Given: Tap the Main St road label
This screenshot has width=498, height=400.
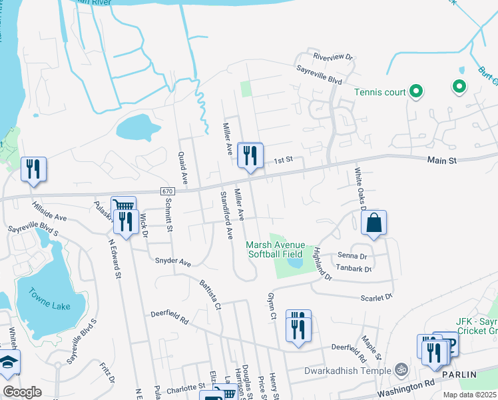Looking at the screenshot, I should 441,161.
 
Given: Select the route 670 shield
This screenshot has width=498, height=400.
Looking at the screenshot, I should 168,191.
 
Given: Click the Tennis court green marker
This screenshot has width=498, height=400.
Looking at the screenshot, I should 416,91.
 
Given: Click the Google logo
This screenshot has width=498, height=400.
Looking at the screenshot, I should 22,392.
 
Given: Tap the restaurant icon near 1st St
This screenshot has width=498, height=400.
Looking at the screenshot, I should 250,156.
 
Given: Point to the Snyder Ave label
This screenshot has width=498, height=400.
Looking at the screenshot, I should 173,261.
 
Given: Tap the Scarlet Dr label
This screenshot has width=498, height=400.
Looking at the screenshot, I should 377,297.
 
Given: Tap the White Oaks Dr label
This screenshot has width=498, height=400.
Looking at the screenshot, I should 360,189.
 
